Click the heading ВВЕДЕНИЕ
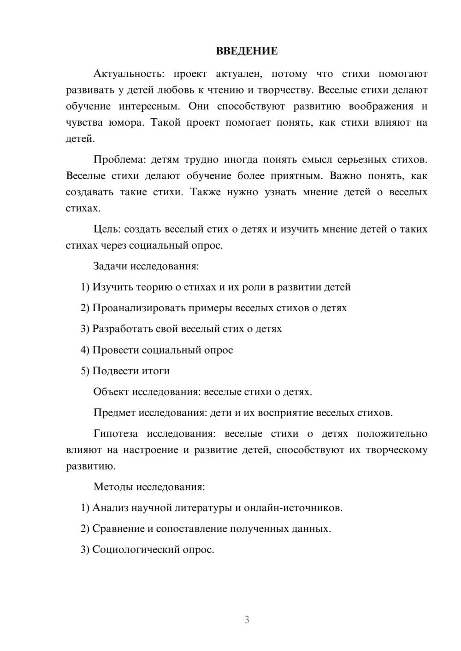click(247, 51)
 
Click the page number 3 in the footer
click(247, 620)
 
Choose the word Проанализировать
click(139, 308)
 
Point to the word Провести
click(116, 350)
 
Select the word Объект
click(111, 392)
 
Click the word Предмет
click(114, 413)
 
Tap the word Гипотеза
click(115, 434)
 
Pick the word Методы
click(113, 487)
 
